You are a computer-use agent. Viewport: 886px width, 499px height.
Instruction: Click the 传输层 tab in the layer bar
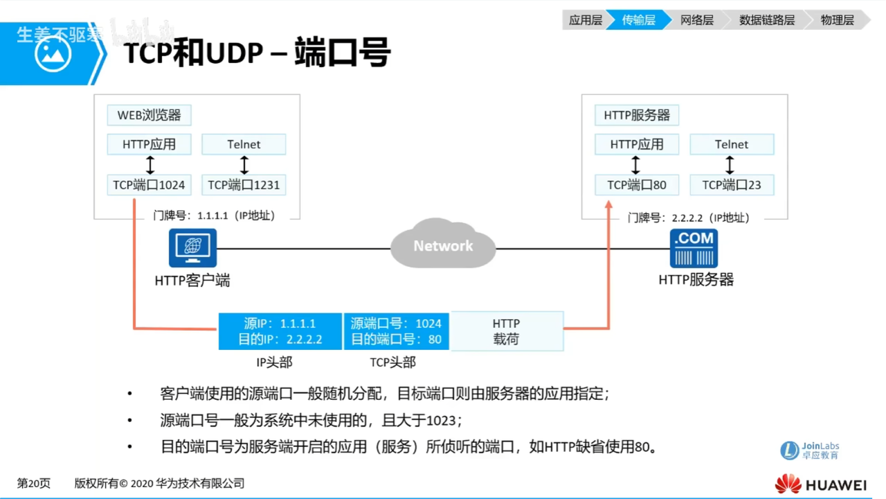[x=638, y=20]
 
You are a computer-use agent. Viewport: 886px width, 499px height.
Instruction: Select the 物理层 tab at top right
[x=837, y=20]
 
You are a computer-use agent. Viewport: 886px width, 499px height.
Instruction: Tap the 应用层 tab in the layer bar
[x=585, y=20]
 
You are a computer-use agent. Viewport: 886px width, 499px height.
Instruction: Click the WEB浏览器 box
[x=149, y=115]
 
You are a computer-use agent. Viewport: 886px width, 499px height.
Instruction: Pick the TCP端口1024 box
[x=149, y=185]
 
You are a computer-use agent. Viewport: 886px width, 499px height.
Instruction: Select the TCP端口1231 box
[x=244, y=185]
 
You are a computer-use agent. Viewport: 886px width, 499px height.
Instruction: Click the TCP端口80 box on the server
[x=637, y=185]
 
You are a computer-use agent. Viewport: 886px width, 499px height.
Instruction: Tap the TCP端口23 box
[x=732, y=185]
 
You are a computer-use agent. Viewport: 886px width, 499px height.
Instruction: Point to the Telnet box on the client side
[x=244, y=144]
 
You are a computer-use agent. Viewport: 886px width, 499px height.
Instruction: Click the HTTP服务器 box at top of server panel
[x=637, y=115]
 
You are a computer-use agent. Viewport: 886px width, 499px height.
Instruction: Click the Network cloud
[x=443, y=245]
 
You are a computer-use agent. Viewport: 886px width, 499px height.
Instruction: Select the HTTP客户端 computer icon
[x=192, y=248]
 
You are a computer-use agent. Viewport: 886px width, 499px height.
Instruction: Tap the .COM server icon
[x=694, y=248]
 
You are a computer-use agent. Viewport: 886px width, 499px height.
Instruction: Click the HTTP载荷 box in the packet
[x=506, y=331]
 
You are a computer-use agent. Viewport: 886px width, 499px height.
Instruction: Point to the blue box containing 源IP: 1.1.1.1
[x=280, y=331]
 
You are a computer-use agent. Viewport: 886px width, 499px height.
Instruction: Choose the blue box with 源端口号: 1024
[x=396, y=331]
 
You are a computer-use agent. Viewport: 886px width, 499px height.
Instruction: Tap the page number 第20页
[x=33, y=484]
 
